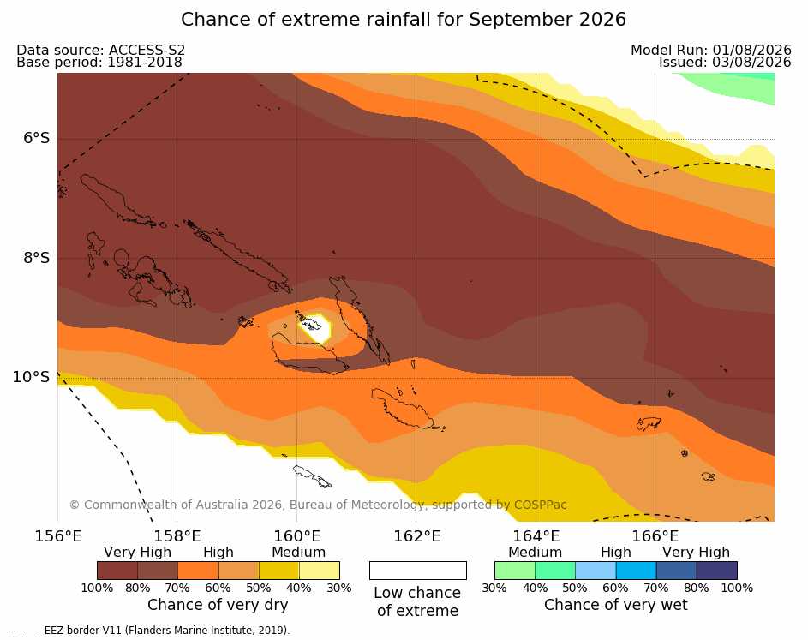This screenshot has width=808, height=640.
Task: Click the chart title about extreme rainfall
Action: (x=404, y=20)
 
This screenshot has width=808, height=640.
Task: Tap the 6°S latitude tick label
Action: (x=36, y=138)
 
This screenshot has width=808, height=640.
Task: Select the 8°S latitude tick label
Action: (x=36, y=258)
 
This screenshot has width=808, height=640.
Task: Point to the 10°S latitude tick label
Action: (x=32, y=377)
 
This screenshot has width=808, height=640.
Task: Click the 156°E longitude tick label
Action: (x=57, y=536)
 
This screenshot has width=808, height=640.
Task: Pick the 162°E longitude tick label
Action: (x=417, y=536)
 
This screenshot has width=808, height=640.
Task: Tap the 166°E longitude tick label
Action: (x=655, y=536)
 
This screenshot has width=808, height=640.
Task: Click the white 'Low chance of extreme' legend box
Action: (x=418, y=571)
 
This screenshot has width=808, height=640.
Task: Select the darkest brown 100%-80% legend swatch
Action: (x=117, y=571)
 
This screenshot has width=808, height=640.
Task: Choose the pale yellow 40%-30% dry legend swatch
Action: (x=320, y=571)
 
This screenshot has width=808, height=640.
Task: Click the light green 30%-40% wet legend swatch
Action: (x=515, y=571)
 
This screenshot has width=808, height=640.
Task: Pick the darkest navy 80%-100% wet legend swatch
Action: (x=717, y=571)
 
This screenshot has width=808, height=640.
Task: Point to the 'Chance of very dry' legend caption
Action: (x=218, y=605)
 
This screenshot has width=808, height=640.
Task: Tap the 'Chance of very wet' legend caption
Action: (x=616, y=605)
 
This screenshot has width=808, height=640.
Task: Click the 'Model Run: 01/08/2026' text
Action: (x=711, y=50)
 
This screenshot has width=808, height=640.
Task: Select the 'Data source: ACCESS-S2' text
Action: (x=101, y=50)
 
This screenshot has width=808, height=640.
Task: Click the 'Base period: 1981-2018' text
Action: (x=99, y=63)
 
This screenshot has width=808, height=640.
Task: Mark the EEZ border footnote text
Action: (x=149, y=631)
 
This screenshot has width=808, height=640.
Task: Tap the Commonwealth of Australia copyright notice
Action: (x=318, y=505)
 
